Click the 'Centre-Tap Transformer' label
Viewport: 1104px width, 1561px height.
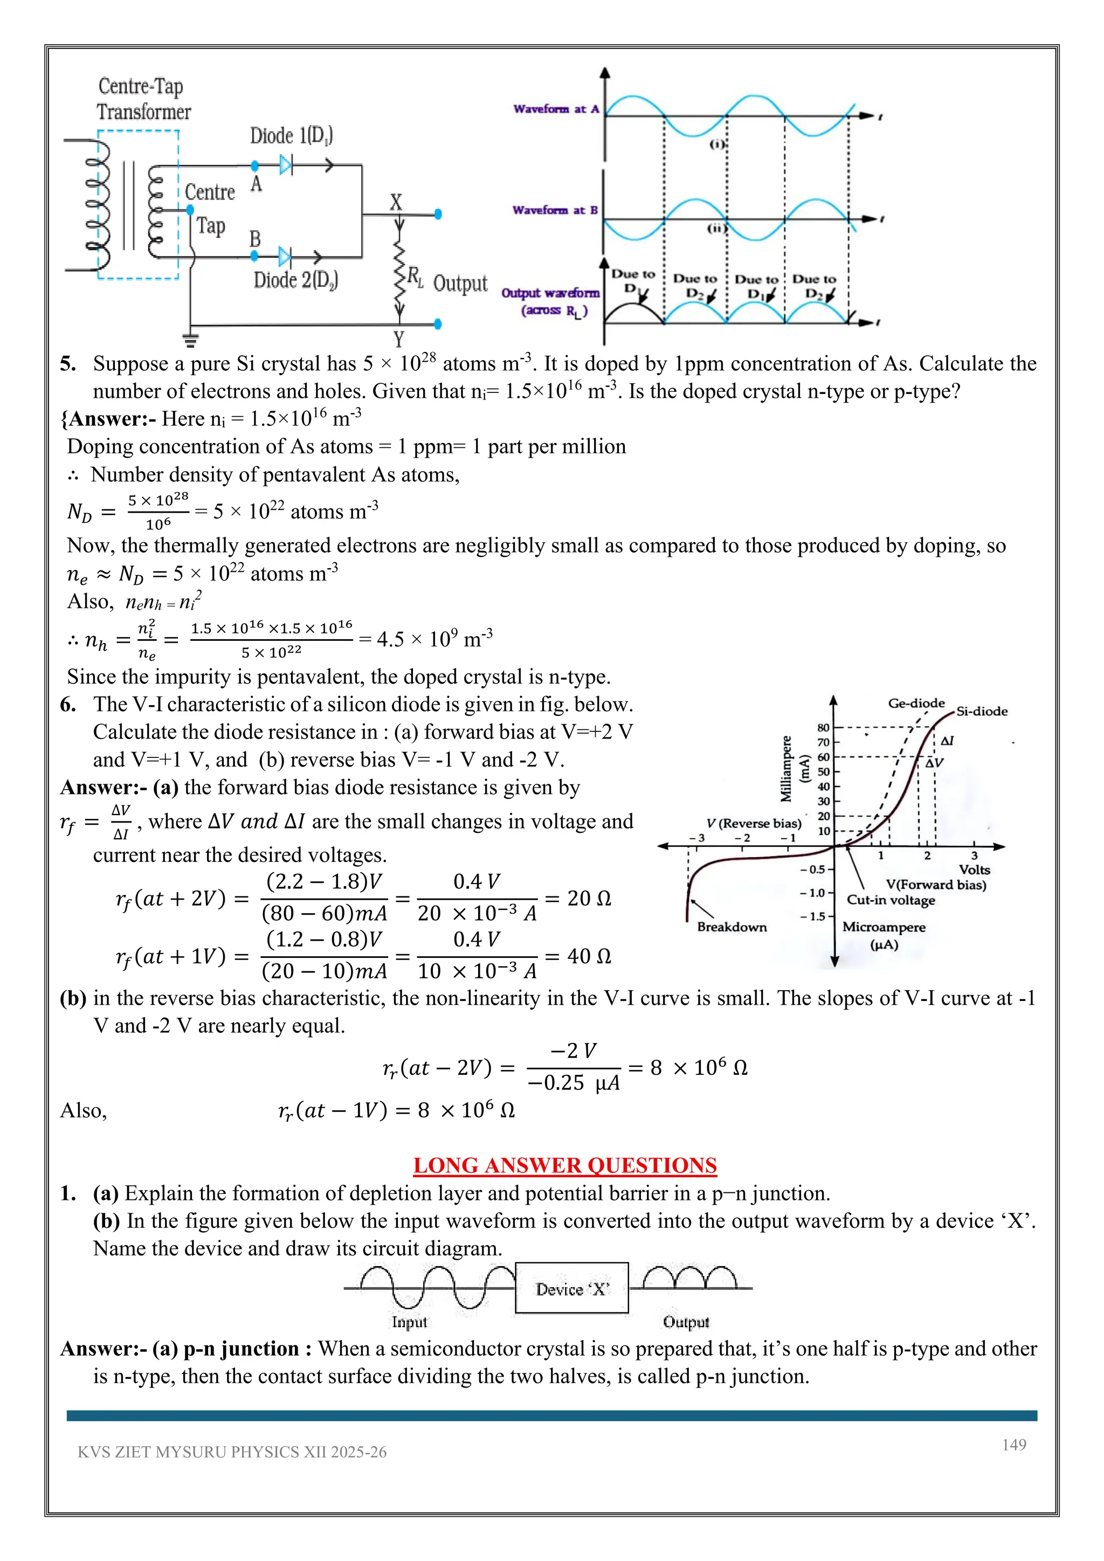coord(143,99)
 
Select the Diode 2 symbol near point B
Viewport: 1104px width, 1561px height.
coord(285,257)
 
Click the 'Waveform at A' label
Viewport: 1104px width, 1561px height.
coord(555,109)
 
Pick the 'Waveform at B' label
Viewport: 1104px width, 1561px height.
coord(555,210)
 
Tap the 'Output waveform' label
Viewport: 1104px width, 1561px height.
coord(550,294)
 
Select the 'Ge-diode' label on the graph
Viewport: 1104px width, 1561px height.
coord(916,703)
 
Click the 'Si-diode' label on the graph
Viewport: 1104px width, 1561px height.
coord(982,711)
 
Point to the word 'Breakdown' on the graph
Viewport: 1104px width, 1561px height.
coord(732,927)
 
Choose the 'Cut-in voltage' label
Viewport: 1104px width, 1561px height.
coord(891,900)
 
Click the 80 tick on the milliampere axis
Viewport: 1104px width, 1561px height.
coord(823,728)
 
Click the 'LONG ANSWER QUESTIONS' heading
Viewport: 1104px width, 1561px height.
coord(565,1165)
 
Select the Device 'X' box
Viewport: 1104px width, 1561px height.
coord(572,1288)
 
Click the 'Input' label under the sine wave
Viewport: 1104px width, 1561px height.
coord(409,1322)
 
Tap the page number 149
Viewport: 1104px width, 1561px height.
coord(1013,1445)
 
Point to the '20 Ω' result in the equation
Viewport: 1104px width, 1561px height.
coord(589,899)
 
